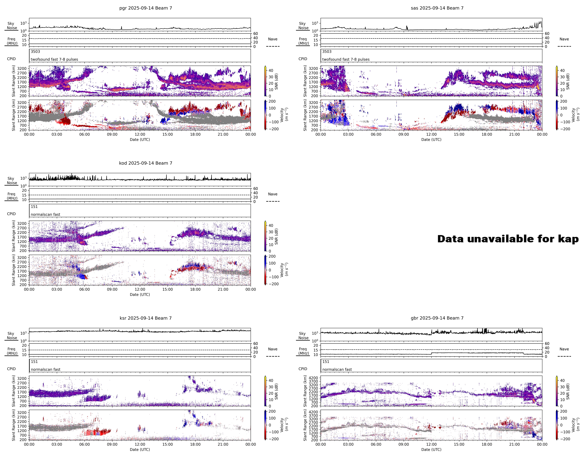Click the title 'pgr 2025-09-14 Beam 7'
pyautogui.click(x=145, y=8)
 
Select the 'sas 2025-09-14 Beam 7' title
pyautogui.click(x=437, y=8)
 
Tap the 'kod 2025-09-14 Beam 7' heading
pyautogui.click(x=145, y=163)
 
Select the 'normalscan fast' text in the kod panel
pyautogui.click(x=45, y=214)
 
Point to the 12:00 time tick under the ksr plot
pyautogui.click(x=140, y=444)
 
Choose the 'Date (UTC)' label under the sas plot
pyautogui.click(x=431, y=140)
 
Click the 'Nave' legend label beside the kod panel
pyautogui.click(x=273, y=194)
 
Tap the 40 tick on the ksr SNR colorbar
pyautogui.click(x=271, y=380)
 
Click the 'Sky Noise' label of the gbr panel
pyautogui.click(x=303, y=336)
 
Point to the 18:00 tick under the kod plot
pyautogui.click(x=195, y=289)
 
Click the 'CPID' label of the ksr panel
pyautogui.click(x=11, y=369)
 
